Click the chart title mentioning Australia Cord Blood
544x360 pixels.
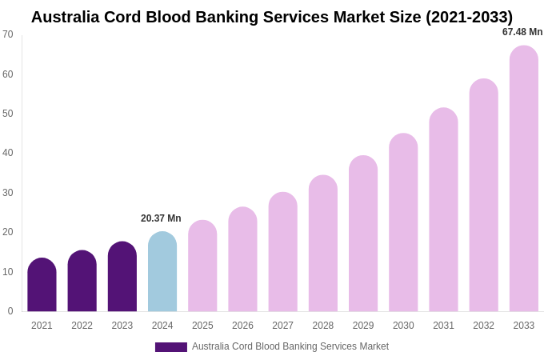coord(272,17)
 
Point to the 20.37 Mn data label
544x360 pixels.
coord(161,218)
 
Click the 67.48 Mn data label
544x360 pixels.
coord(522,32)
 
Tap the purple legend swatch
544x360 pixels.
coord(170,347)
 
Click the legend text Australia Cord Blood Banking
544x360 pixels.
coord(290,346)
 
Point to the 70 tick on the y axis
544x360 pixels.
coord(8,34)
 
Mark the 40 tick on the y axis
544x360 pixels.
coord(8,153)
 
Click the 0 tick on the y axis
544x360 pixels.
coord(10,311)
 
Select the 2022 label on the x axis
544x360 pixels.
coord(82,326)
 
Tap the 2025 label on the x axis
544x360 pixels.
coord(202,326)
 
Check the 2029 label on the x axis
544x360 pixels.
coord(363,326)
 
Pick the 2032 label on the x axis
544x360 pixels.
coord(483,326)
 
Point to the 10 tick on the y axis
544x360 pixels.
coord(8,272)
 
